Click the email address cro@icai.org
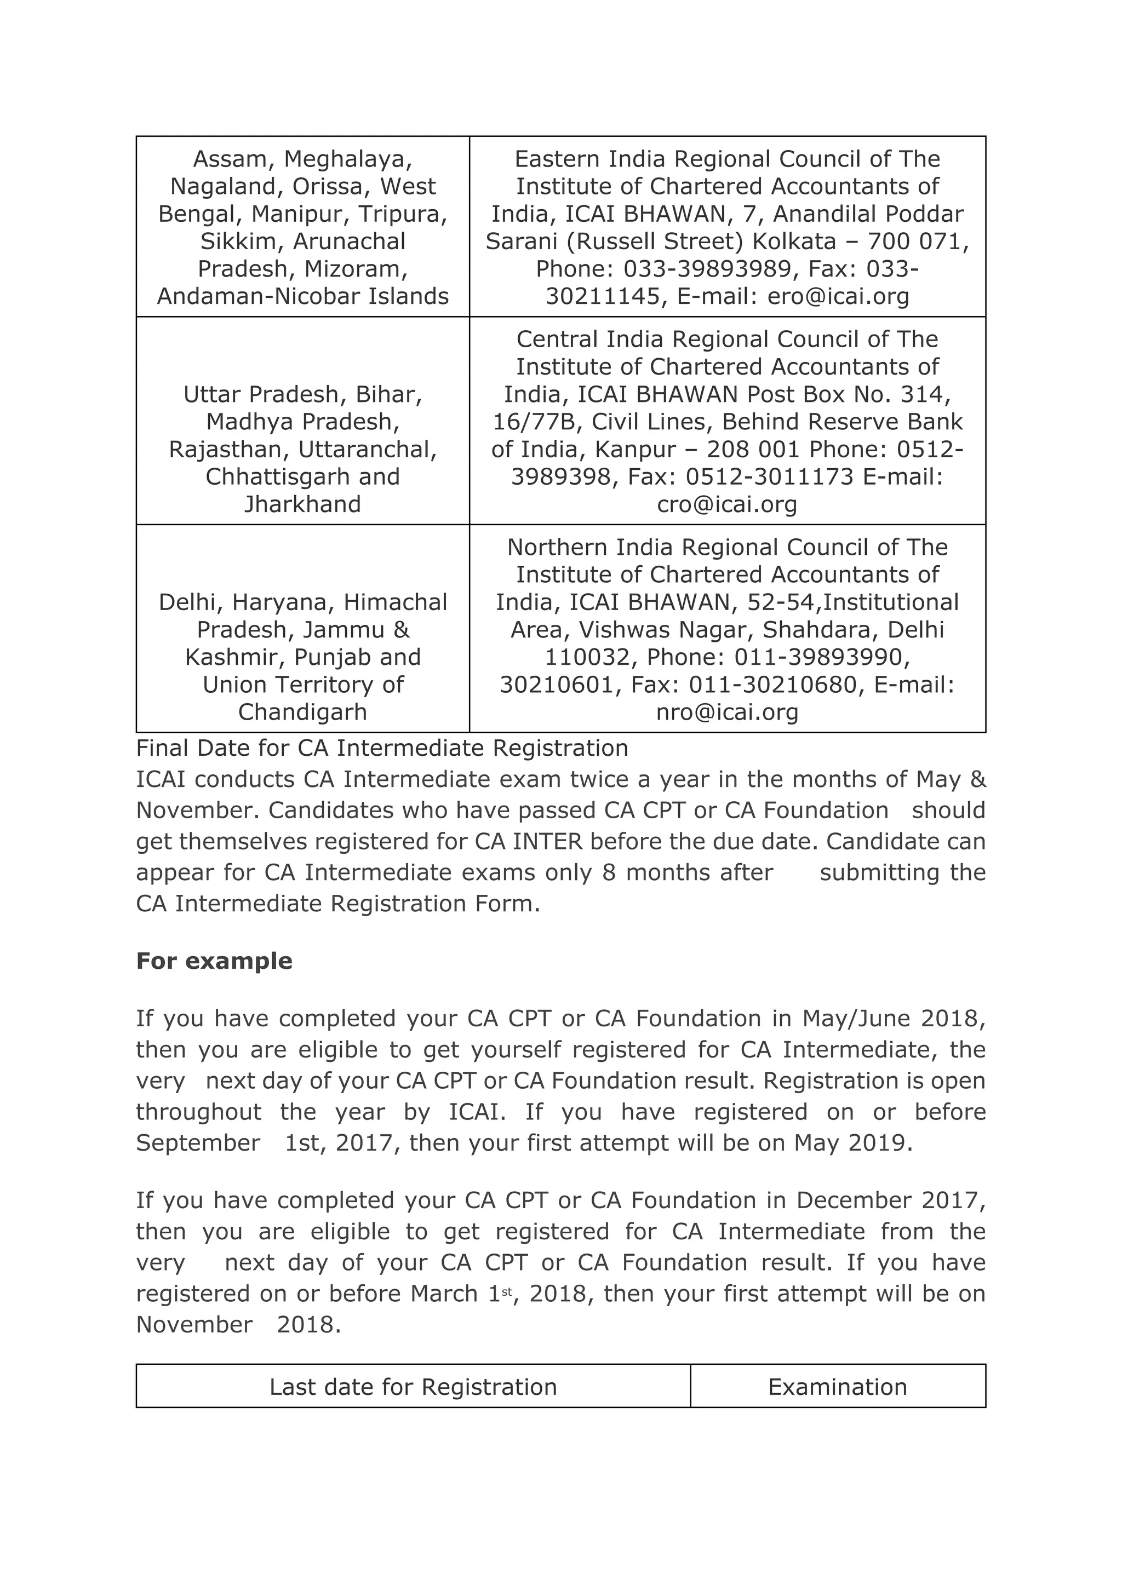tap(727, 504)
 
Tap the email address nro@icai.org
tap(727, 712)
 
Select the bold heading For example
tap(214, 961)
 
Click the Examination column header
tap(837, 1387)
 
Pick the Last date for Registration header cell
tap(413, 1387)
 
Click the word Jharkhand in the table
tap(302, 504)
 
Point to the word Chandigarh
tap(302, 712)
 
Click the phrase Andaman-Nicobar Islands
tap(302, 296)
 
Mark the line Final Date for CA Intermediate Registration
tap(382, 748)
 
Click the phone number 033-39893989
tap(707, 269)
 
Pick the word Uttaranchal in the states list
tap(367, 450)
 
